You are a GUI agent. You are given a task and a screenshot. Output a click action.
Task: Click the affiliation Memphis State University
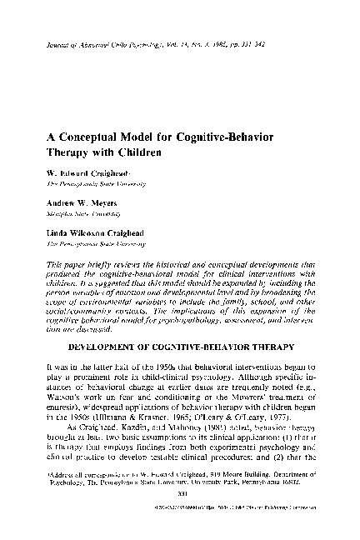89,212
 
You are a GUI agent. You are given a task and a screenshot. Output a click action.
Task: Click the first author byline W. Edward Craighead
92,170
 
